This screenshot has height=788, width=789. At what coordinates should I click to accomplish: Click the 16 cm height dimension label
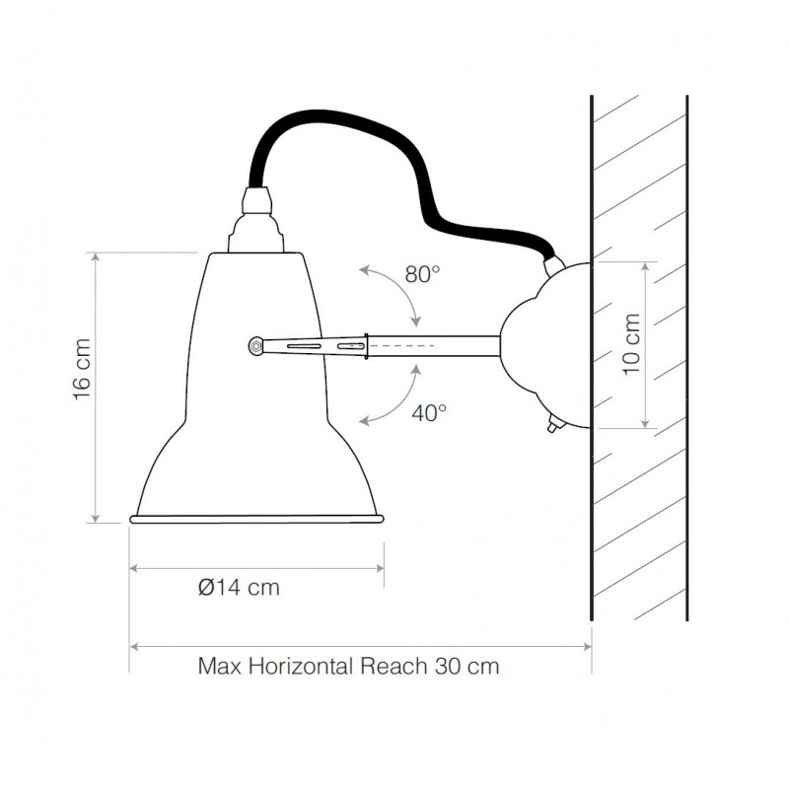pos(82,371)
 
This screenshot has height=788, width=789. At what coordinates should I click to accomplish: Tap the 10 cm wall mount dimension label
pos(631,344)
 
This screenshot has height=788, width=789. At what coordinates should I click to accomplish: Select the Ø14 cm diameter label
pos(239,588)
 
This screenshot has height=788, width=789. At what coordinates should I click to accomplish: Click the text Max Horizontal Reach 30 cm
pos(348,666)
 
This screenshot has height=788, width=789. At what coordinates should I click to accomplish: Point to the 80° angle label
pos(422,275)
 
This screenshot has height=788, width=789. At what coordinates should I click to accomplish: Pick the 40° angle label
pos(429,413)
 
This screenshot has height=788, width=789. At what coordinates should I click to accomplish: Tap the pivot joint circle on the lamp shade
pos(255,345)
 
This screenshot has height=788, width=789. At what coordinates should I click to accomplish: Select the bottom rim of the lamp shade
pos(256,518)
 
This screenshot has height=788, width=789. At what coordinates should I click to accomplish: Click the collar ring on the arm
pos(367,346)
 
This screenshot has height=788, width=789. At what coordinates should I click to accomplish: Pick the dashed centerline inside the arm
pos(404,346)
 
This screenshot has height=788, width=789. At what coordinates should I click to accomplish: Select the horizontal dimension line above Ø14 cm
pos(256,568)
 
